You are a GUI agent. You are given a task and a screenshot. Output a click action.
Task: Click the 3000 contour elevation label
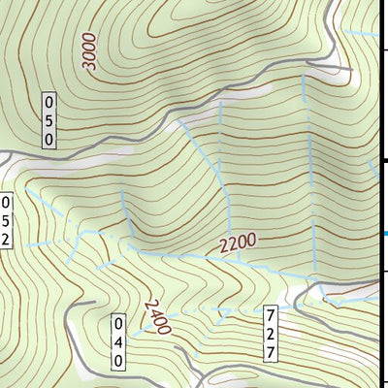pyautogui.click(x=91, y=52)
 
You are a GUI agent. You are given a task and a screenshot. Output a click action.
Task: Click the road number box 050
pyautogui.click(x=49, y=121)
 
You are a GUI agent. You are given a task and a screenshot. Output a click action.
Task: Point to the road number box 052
pyautogui.click(x=5, y=220)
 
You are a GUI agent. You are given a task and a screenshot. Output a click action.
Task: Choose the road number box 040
pyautogui.click(x=118, y=342)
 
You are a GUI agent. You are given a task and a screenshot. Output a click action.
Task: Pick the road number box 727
pyautogui.click(x=270, y=333)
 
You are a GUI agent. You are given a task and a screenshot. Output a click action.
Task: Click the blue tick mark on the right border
pyautogui.click(x=384, y=234)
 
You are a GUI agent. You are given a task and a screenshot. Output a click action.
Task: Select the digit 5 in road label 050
pyautogui.click(x=49, y=121)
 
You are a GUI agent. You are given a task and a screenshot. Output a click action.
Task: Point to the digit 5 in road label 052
pyautogui.click(x=5, y=220)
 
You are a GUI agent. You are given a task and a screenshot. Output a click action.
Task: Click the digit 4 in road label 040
pyautogui.click(x=118, y=342)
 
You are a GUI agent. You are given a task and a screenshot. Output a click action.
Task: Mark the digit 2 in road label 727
pyautogui.click(x=270, y=333)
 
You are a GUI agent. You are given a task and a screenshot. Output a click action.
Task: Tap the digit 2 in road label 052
pyautogui.click(x=5, y=238)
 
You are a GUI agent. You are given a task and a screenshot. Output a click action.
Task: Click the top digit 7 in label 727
pyautogui.click(x=270, y=315)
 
